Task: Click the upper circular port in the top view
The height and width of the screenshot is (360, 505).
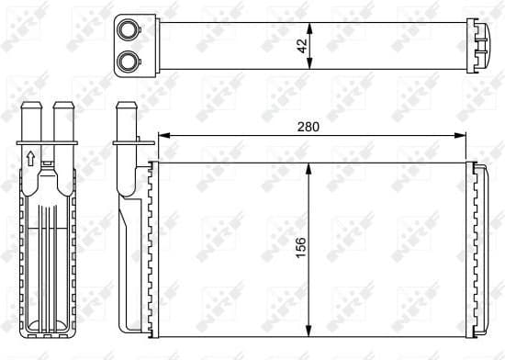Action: pyautogui.click(x=127, y=29)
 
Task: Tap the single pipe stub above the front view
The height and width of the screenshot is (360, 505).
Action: pyautogui.click(x=126, y=124)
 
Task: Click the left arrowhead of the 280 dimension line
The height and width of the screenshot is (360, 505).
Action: pyautogui.click(x=163, y=136)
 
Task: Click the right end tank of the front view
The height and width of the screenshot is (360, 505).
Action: pyautogui.click(x=478, y=248)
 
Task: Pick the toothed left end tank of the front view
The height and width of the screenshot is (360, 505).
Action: pyautogui.click(x=152, y=248)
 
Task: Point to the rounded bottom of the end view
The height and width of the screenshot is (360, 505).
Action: pyautogui.click(x=47, y=325)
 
